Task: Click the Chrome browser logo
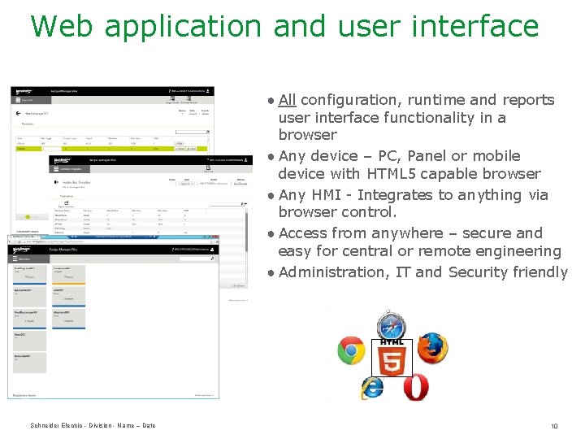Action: pyautogui.click(x=352, y=350)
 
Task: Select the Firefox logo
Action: pyautogui.click(x=432, y=348)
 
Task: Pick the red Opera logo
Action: pyautogui.click(x=415, y=387)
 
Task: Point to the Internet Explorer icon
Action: pyautogui.click(x=372, y=388)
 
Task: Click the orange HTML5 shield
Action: pyautogui.click(x=392, y=359)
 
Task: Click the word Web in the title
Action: pyautogui.click(x=63, y=26)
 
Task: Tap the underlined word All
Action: pyautogui.click(x=287, y=100)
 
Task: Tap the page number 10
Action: pyautogui.click(x=554, y=426)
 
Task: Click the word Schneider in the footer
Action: pyautogui.click(x=47, y=426)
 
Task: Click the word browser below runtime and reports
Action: pyautogui.click(x=307, y=135)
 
